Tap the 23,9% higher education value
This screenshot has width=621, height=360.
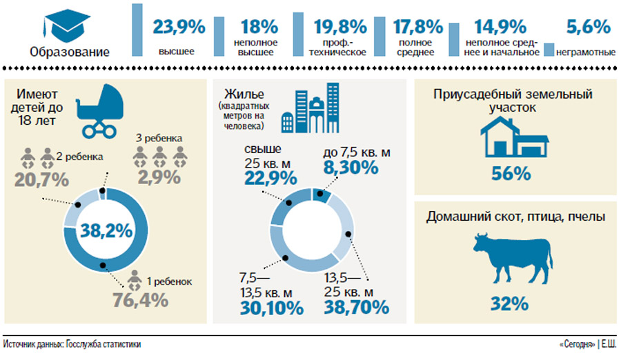tap(179, 27)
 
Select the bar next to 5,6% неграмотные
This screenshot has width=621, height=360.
tap(550, 50)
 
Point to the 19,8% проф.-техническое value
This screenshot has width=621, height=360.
tap(339, 27)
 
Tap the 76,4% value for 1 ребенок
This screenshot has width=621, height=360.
tap(141, 300)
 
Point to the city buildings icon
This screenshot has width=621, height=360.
tap(310, 108)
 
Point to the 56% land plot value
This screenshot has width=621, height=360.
tap(511, 172)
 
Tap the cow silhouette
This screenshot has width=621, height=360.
tap(511, 256)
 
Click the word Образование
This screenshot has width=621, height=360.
tap(69, 52)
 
